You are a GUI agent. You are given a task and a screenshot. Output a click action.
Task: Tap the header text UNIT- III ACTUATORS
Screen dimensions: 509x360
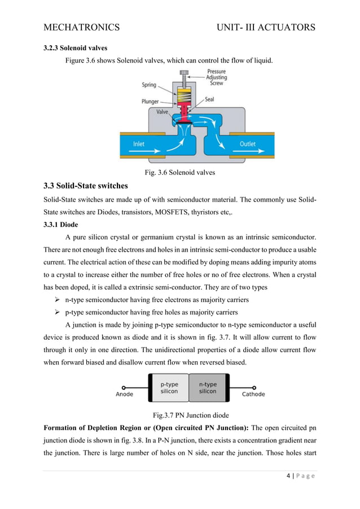point(261,27)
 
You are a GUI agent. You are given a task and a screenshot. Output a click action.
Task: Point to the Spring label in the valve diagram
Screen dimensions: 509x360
point(149,85)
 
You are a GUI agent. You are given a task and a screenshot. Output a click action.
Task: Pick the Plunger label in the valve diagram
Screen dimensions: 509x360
point(151,102)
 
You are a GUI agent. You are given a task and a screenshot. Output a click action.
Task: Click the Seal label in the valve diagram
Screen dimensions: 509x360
point(209,99)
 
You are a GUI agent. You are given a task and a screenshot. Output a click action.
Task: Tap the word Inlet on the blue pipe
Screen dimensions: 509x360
point(138,144)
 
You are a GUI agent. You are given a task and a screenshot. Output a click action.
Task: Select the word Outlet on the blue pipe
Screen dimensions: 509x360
point(247,144)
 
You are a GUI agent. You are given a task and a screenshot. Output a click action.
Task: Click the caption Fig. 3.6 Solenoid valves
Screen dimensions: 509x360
point(180,173)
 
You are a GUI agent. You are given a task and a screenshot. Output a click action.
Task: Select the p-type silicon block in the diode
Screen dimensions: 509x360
point(169,388)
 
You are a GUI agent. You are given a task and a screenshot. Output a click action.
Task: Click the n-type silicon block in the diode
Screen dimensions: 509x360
point(208,388)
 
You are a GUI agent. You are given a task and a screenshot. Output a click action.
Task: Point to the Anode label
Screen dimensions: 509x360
point(124,394)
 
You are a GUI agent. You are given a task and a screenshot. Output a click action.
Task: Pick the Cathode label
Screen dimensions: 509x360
point(253,394)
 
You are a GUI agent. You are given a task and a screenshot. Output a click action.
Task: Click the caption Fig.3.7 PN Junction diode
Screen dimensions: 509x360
point(180,417)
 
